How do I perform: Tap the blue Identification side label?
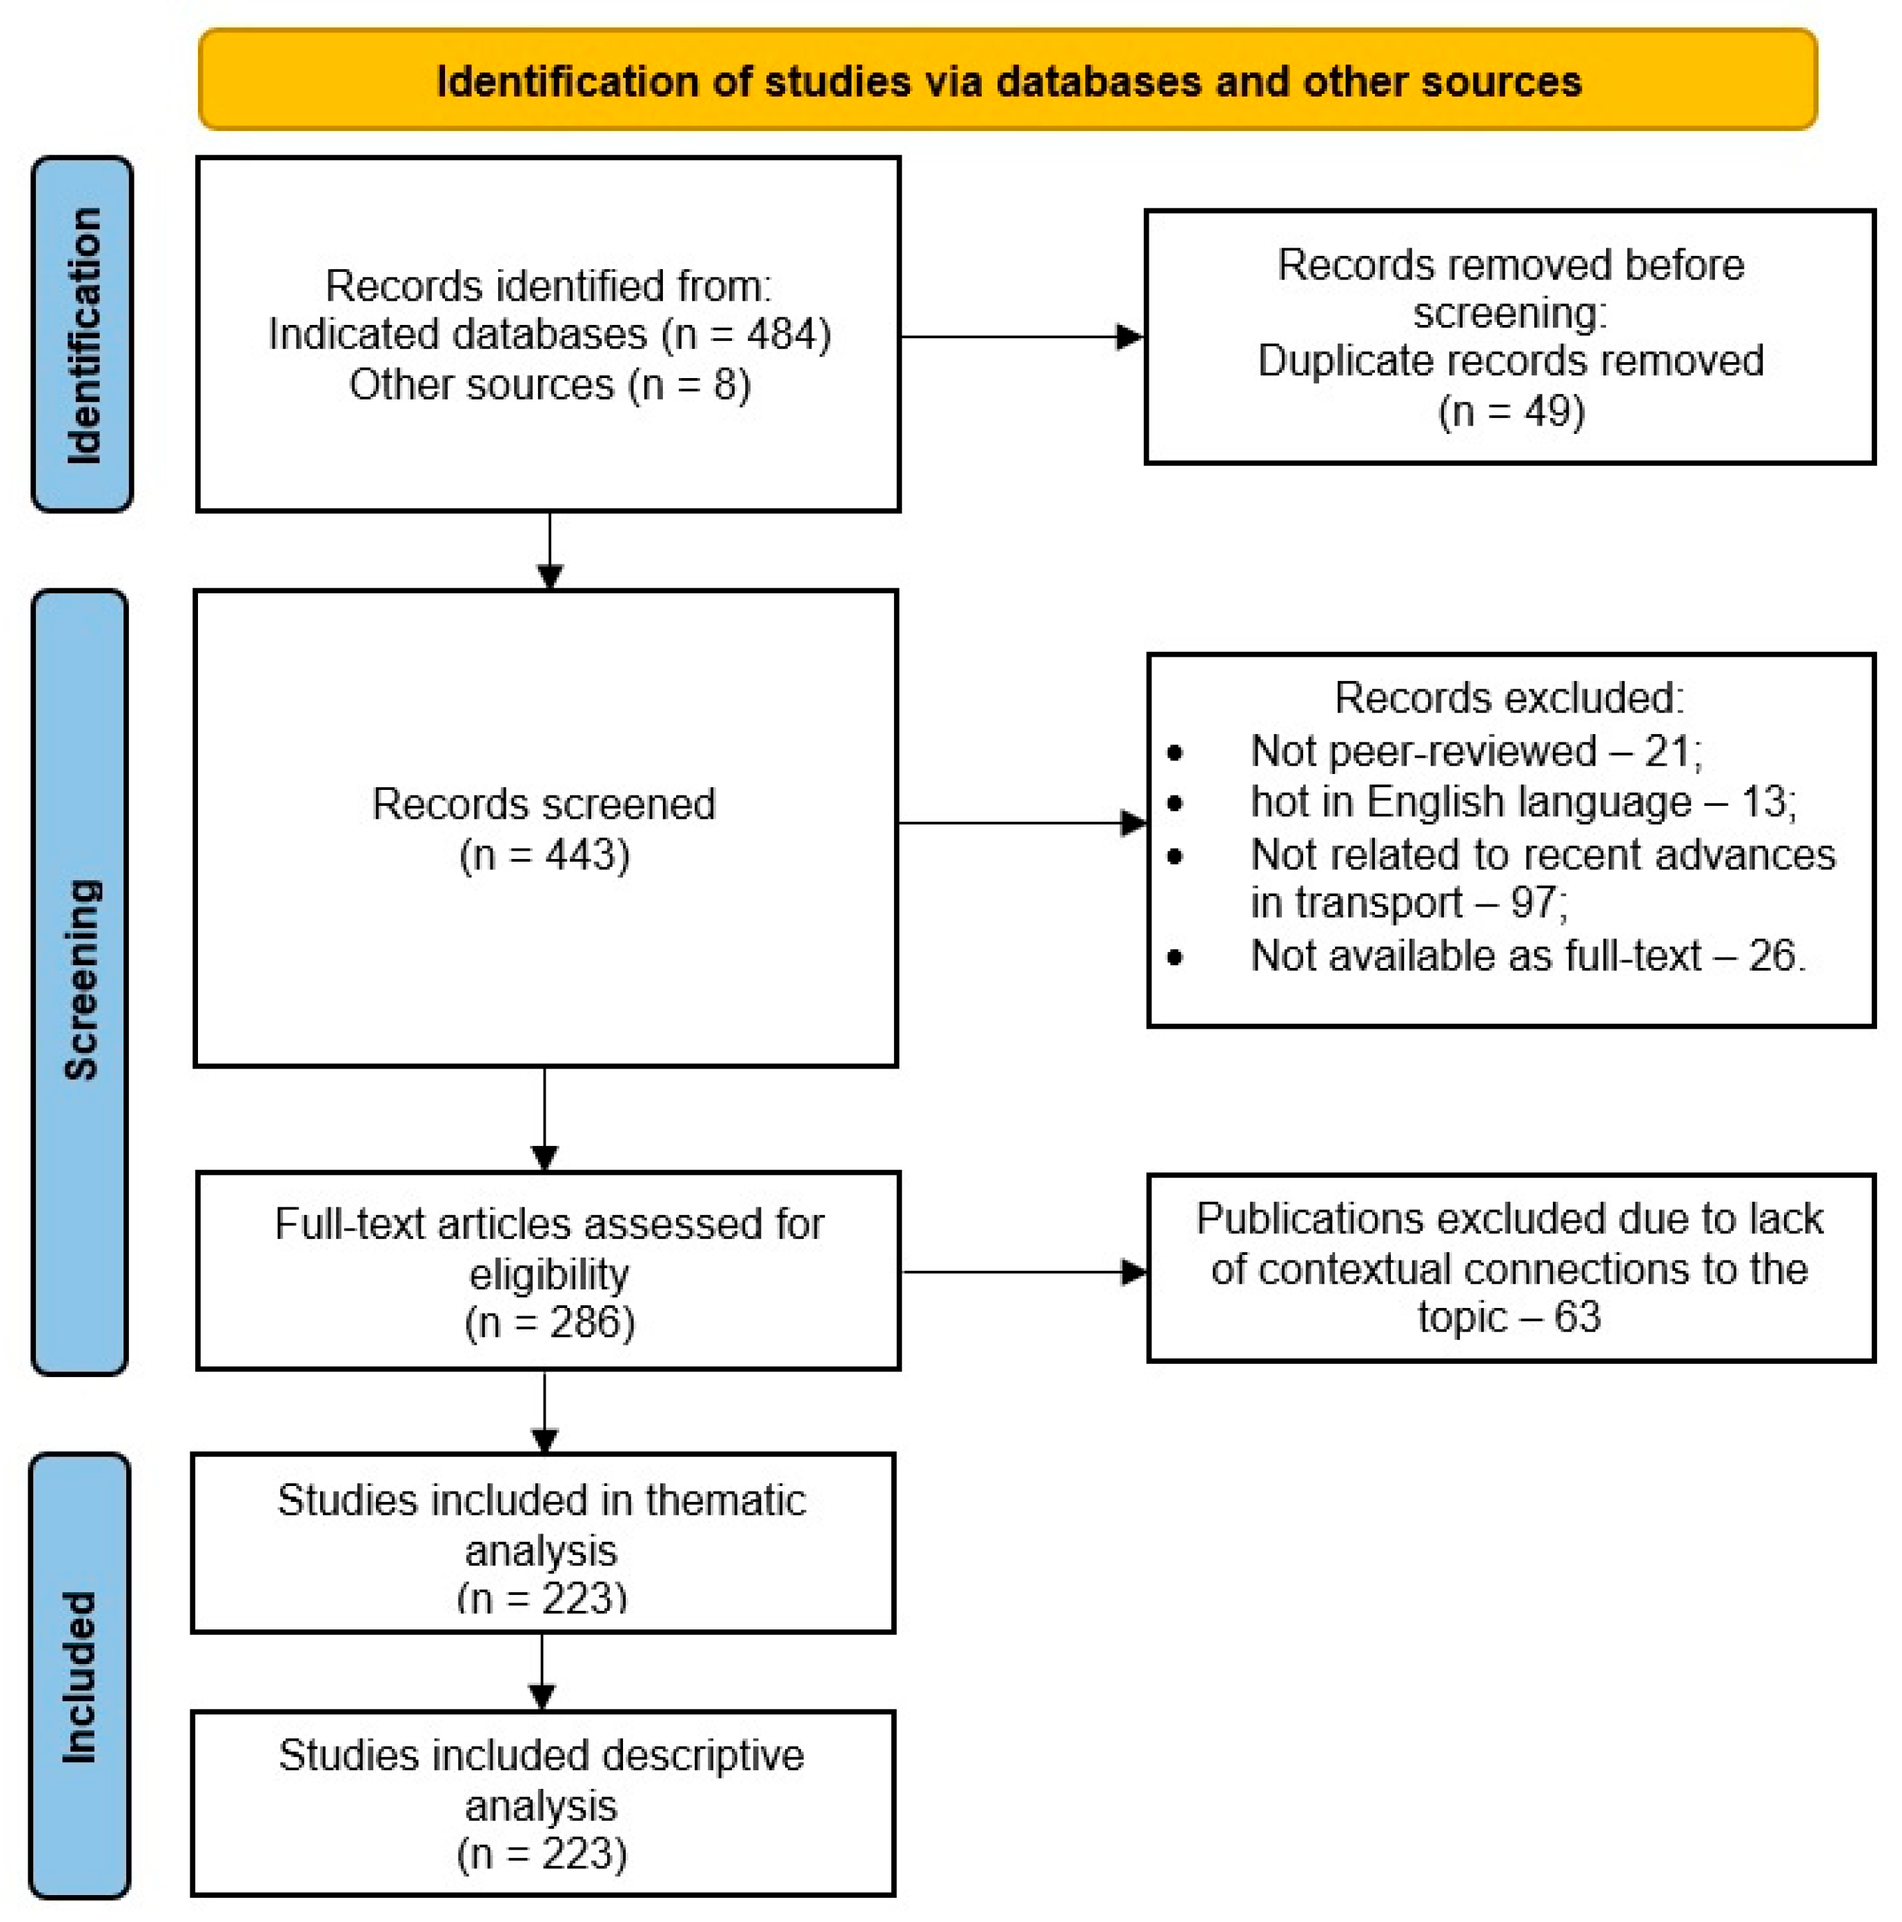[83, 335]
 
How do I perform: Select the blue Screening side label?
[81, 981]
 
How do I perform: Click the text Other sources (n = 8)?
[549, 385]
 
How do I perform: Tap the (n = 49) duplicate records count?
[1510, 411]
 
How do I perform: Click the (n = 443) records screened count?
[544, 855]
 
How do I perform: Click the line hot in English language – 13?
[1522, 802]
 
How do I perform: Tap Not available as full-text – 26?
[1527, 956]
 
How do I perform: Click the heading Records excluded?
[1509, 698]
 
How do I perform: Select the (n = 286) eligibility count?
[549, 1323]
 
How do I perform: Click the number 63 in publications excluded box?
[1578, 1317]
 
